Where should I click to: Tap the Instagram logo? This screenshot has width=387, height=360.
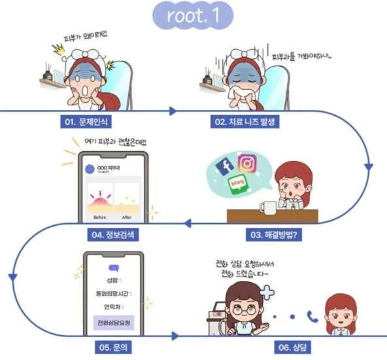pyautogui.click(x=246, y=162)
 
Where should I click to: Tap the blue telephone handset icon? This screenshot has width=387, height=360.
pyautogui.click(x=312, y=316)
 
